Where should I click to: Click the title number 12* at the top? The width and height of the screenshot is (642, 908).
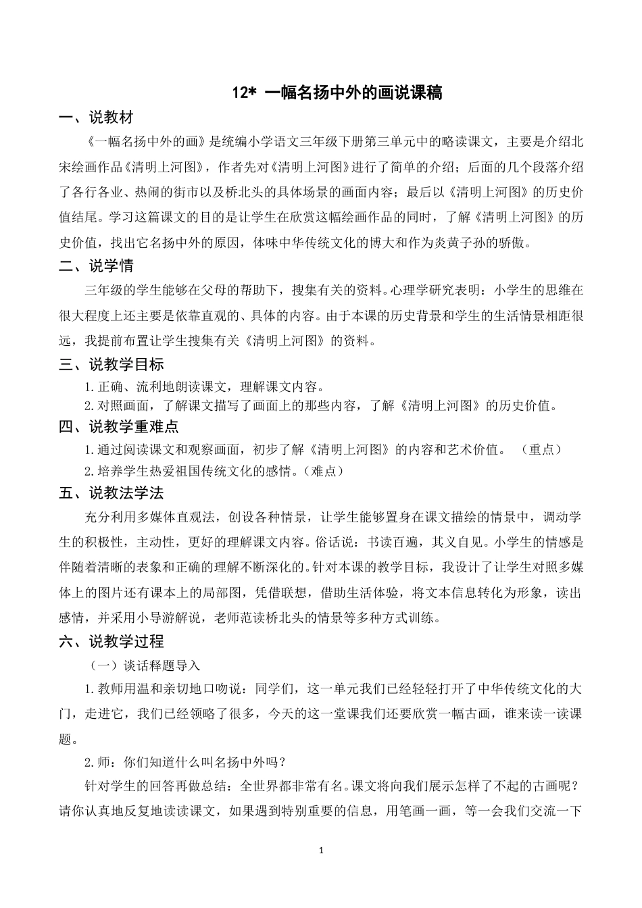tap(243, 93)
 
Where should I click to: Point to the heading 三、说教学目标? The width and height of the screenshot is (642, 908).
tap(111, 365)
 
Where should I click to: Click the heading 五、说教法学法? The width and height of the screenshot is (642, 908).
tap(111, 493)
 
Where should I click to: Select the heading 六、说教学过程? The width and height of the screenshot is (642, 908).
tap(111, 641)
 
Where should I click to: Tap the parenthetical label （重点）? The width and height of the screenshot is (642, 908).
tap(543, 449)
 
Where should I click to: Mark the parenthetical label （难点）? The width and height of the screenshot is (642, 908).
tap(324, 471)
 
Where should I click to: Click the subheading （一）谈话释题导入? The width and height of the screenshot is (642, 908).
tap(145, 665)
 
